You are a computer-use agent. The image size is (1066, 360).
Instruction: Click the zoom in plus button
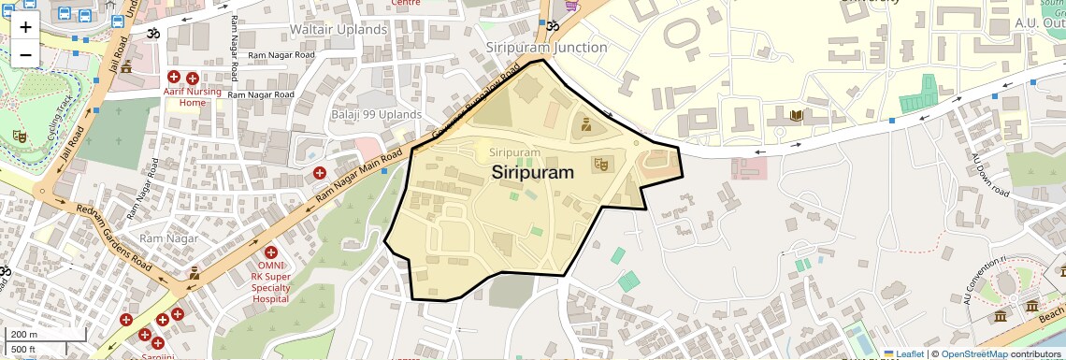pos(25,27)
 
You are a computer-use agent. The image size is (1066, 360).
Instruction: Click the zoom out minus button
pos(25,54)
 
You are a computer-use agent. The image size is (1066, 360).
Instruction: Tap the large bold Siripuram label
pos(532,171)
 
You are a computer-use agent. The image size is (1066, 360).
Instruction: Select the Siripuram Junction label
pos(547,47)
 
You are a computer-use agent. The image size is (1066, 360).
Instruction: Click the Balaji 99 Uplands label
pos(377,114)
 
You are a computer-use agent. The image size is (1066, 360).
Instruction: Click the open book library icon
pos(795,116)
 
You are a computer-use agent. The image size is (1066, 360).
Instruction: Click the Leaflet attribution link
pos(902,353)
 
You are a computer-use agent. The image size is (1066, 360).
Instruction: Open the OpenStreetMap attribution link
pos(973,353)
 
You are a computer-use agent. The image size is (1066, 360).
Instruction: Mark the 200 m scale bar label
pos(24,335)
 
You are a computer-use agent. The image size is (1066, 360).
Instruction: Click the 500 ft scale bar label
pos(24,350)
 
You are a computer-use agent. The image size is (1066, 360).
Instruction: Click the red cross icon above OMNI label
pos(271,252)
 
